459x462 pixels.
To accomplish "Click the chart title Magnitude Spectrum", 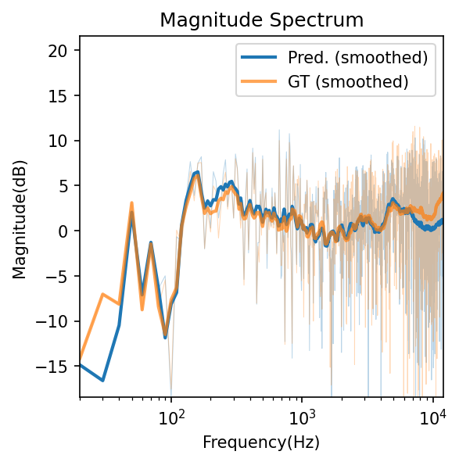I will (261, 20).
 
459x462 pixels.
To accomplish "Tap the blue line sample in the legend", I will (260, 57).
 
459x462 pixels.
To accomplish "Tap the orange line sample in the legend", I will (260, 81).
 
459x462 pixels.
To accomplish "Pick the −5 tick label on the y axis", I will (64, 277).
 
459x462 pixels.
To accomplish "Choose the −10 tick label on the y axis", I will (61, 321).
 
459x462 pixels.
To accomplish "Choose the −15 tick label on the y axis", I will (61, 367).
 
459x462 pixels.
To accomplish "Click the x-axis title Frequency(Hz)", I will (261, 442).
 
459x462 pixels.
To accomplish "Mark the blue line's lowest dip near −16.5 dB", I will (102, 380).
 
